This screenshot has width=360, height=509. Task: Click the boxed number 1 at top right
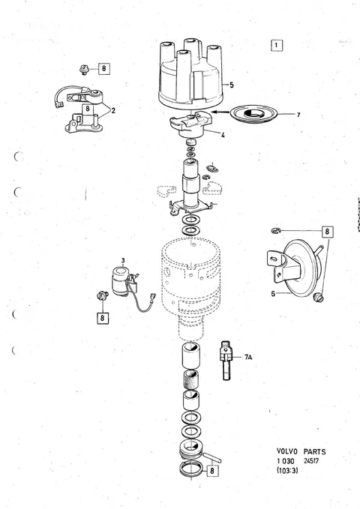click(277, 45)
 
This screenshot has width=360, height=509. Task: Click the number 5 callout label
click(231, 85)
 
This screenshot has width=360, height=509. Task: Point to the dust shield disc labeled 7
click(254, 114)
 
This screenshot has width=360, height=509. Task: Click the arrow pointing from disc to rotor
click(220, 112)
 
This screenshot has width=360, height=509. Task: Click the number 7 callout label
click(298, 115)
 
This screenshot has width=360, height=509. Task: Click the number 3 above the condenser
click(123, 260)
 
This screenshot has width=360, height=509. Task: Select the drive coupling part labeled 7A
click(226, 361)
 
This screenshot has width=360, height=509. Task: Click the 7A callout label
click(248, 358)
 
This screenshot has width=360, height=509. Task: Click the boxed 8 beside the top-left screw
click(103, 68)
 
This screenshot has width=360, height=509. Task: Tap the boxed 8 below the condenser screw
click(102, 318)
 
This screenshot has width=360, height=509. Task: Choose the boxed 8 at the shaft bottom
click(212, 470)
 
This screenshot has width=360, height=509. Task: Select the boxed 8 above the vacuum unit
click(327, 232)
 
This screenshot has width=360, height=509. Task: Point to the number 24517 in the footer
click(311, 460)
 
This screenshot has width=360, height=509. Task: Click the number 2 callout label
click(113, 111)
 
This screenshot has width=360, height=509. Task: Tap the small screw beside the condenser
click(102, 296)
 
